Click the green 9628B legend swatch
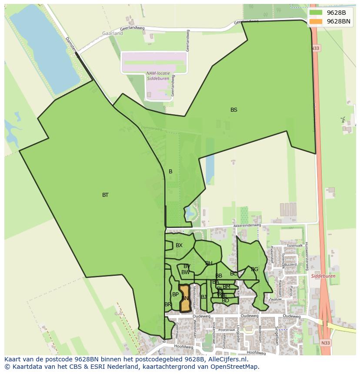316,13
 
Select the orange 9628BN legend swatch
316,21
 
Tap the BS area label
234,110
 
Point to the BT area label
105,195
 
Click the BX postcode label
179,245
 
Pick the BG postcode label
255,269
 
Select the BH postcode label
209,263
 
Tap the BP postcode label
175,295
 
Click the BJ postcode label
204,297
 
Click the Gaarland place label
113,33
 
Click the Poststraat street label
227,330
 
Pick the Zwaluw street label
275,299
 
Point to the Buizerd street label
290,265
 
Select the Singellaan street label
276,335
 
